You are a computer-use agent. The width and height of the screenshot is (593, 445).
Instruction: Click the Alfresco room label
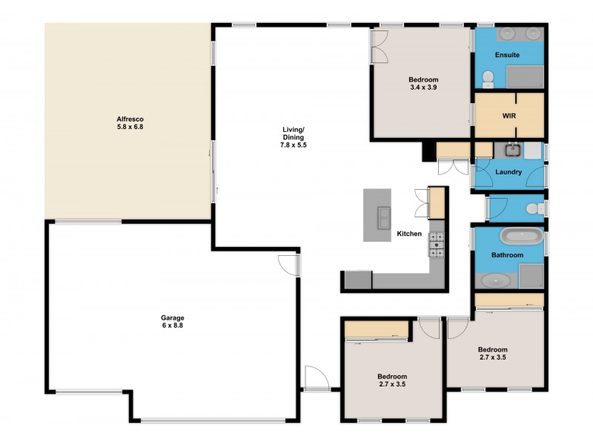click(x=129, y=122)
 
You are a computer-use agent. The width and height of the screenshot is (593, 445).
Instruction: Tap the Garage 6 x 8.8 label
click(x=173, y=322)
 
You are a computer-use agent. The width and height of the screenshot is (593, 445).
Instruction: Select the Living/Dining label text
click(x=293, y=138)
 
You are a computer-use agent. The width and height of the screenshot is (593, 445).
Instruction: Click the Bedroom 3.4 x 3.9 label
click(x=424, y=83)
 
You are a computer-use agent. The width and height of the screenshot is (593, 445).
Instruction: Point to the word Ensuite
click(x=508, y=55)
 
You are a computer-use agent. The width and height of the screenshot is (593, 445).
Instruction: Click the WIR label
click(x=509, y=116)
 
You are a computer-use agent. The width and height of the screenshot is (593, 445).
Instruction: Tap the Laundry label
click(x=509, y=172)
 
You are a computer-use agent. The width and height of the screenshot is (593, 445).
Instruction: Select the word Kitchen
click(x=409, y=234)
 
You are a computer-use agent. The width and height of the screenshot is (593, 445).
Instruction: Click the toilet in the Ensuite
click(x=488, y=79)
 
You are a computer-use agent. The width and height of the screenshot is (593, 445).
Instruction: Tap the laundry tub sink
click(x=512, y=150)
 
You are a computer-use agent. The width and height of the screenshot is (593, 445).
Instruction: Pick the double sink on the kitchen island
click(x=384, y=216)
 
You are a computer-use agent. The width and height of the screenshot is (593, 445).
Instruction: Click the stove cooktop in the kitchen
click(x=436, y=245)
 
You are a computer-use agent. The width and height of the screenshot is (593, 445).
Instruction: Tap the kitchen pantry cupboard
click(x=437, y=202)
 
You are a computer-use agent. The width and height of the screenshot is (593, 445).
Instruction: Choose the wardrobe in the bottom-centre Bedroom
click(x=377, y=329)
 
